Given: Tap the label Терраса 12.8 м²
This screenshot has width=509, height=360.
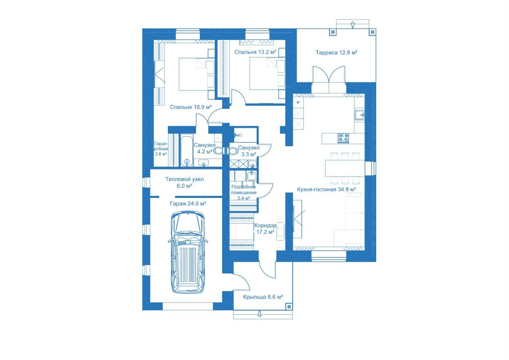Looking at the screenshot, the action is click(337, 53).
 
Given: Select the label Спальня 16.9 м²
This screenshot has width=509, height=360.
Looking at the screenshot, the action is click(191, 107).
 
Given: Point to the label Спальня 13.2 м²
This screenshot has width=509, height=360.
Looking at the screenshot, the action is click(255, 52).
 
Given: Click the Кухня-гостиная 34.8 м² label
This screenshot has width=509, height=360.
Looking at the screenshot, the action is click(327, 189).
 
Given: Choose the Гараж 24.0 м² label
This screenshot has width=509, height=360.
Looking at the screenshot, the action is click(188, 203).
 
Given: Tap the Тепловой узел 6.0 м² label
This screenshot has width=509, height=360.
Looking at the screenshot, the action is click(184, 182).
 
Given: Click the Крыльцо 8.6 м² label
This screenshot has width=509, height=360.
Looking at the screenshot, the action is click(263, 297).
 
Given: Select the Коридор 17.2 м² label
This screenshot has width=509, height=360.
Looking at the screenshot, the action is click(265, 229).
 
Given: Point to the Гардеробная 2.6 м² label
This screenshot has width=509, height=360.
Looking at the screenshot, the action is click(161, 149).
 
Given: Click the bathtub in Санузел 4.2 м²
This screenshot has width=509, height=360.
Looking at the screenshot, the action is click(186, 152).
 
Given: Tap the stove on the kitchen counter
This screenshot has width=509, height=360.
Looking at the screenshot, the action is click(343, 138).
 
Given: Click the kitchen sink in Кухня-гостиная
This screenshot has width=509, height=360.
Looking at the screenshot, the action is click(359, 115).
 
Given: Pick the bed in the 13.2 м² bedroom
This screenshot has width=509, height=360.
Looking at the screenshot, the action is click(267, 74).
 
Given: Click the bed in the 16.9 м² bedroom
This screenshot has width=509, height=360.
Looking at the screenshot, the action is click(197, 75).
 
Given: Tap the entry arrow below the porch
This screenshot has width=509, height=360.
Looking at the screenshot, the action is click(259, 314).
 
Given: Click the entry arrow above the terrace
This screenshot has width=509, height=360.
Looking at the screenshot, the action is click(352, 25).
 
